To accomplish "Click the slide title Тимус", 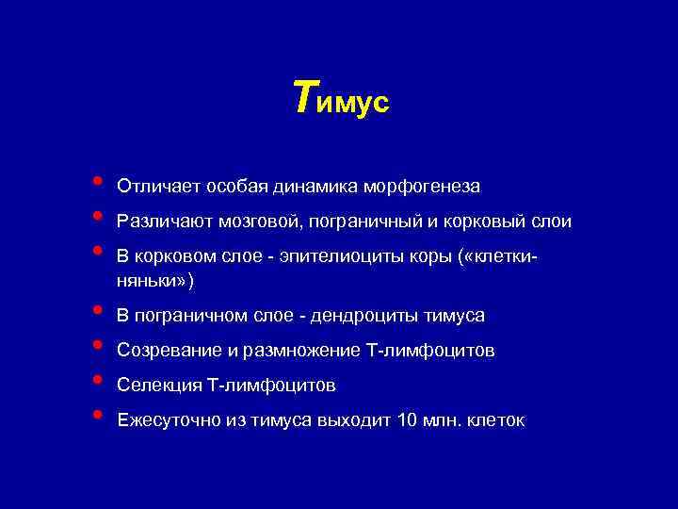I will (340, 99).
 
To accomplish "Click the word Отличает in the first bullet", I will (152, 187).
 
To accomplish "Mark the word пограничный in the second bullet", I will (358, 222).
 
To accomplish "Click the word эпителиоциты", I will (318, 258).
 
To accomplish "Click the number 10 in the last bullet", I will (408, 421).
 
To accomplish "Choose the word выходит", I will (353, 421).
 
